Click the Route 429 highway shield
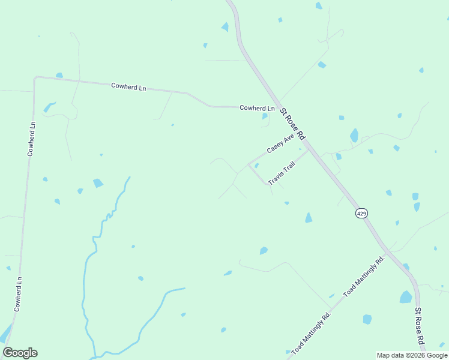tap(361, 213)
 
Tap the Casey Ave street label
tap(280, 145)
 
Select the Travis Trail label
tap(282, 173)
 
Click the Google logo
tap(20, 353)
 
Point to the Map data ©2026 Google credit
tap(412, 355)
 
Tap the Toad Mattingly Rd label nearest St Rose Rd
tap(363, 277)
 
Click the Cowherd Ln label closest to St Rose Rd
tap(257, 108)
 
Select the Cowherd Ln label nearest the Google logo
tap(19, 293)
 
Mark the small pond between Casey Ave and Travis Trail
tap(256, 166)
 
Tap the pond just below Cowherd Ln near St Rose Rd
tap(265, 116)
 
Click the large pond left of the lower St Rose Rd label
tap(406, 297)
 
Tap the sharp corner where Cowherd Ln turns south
tap(35, 78)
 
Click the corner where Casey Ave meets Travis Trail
tap(249, 164)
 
